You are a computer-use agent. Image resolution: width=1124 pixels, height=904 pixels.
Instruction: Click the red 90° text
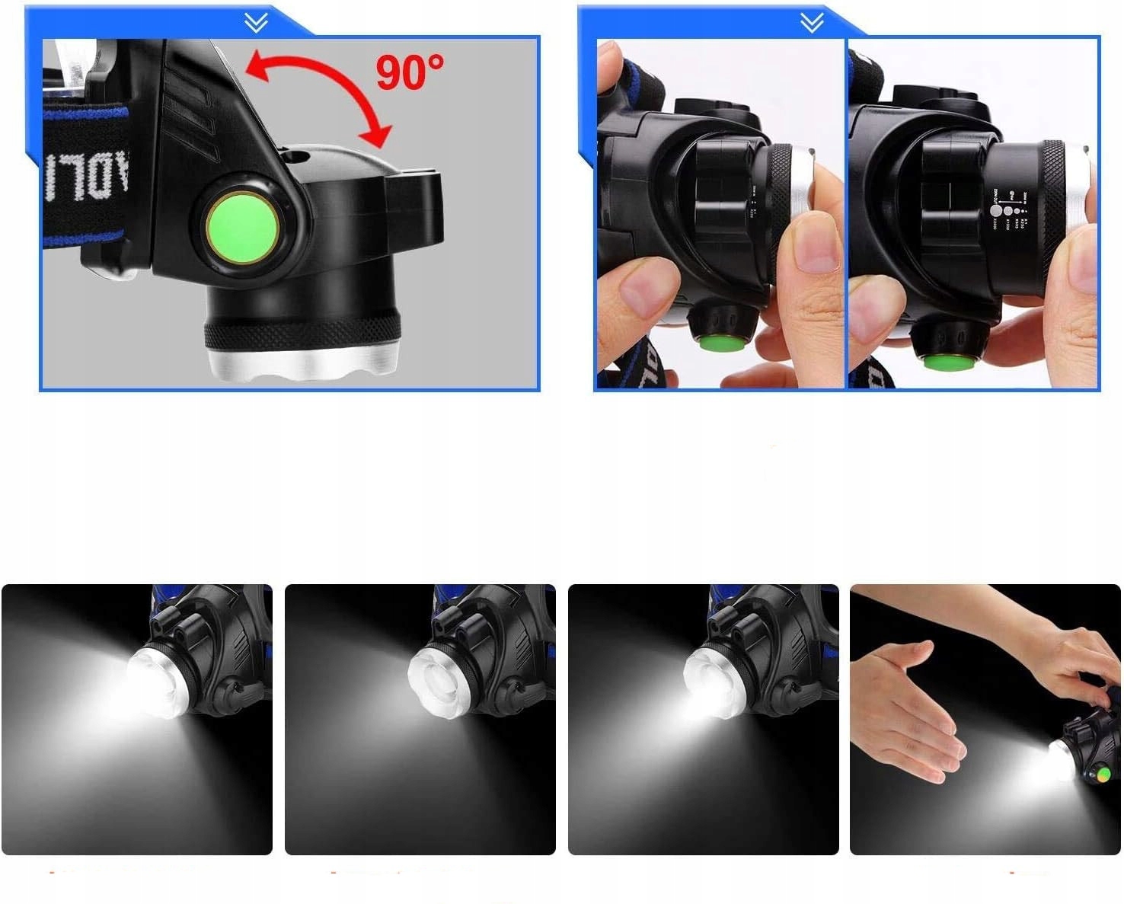pos(409,72)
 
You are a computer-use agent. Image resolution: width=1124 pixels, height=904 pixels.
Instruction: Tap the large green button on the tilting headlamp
pos(241,225)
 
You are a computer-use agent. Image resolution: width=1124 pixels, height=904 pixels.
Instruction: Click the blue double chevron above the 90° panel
pos(257,24)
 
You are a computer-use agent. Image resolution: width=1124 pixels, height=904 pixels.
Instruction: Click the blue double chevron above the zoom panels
pos(812,24)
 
